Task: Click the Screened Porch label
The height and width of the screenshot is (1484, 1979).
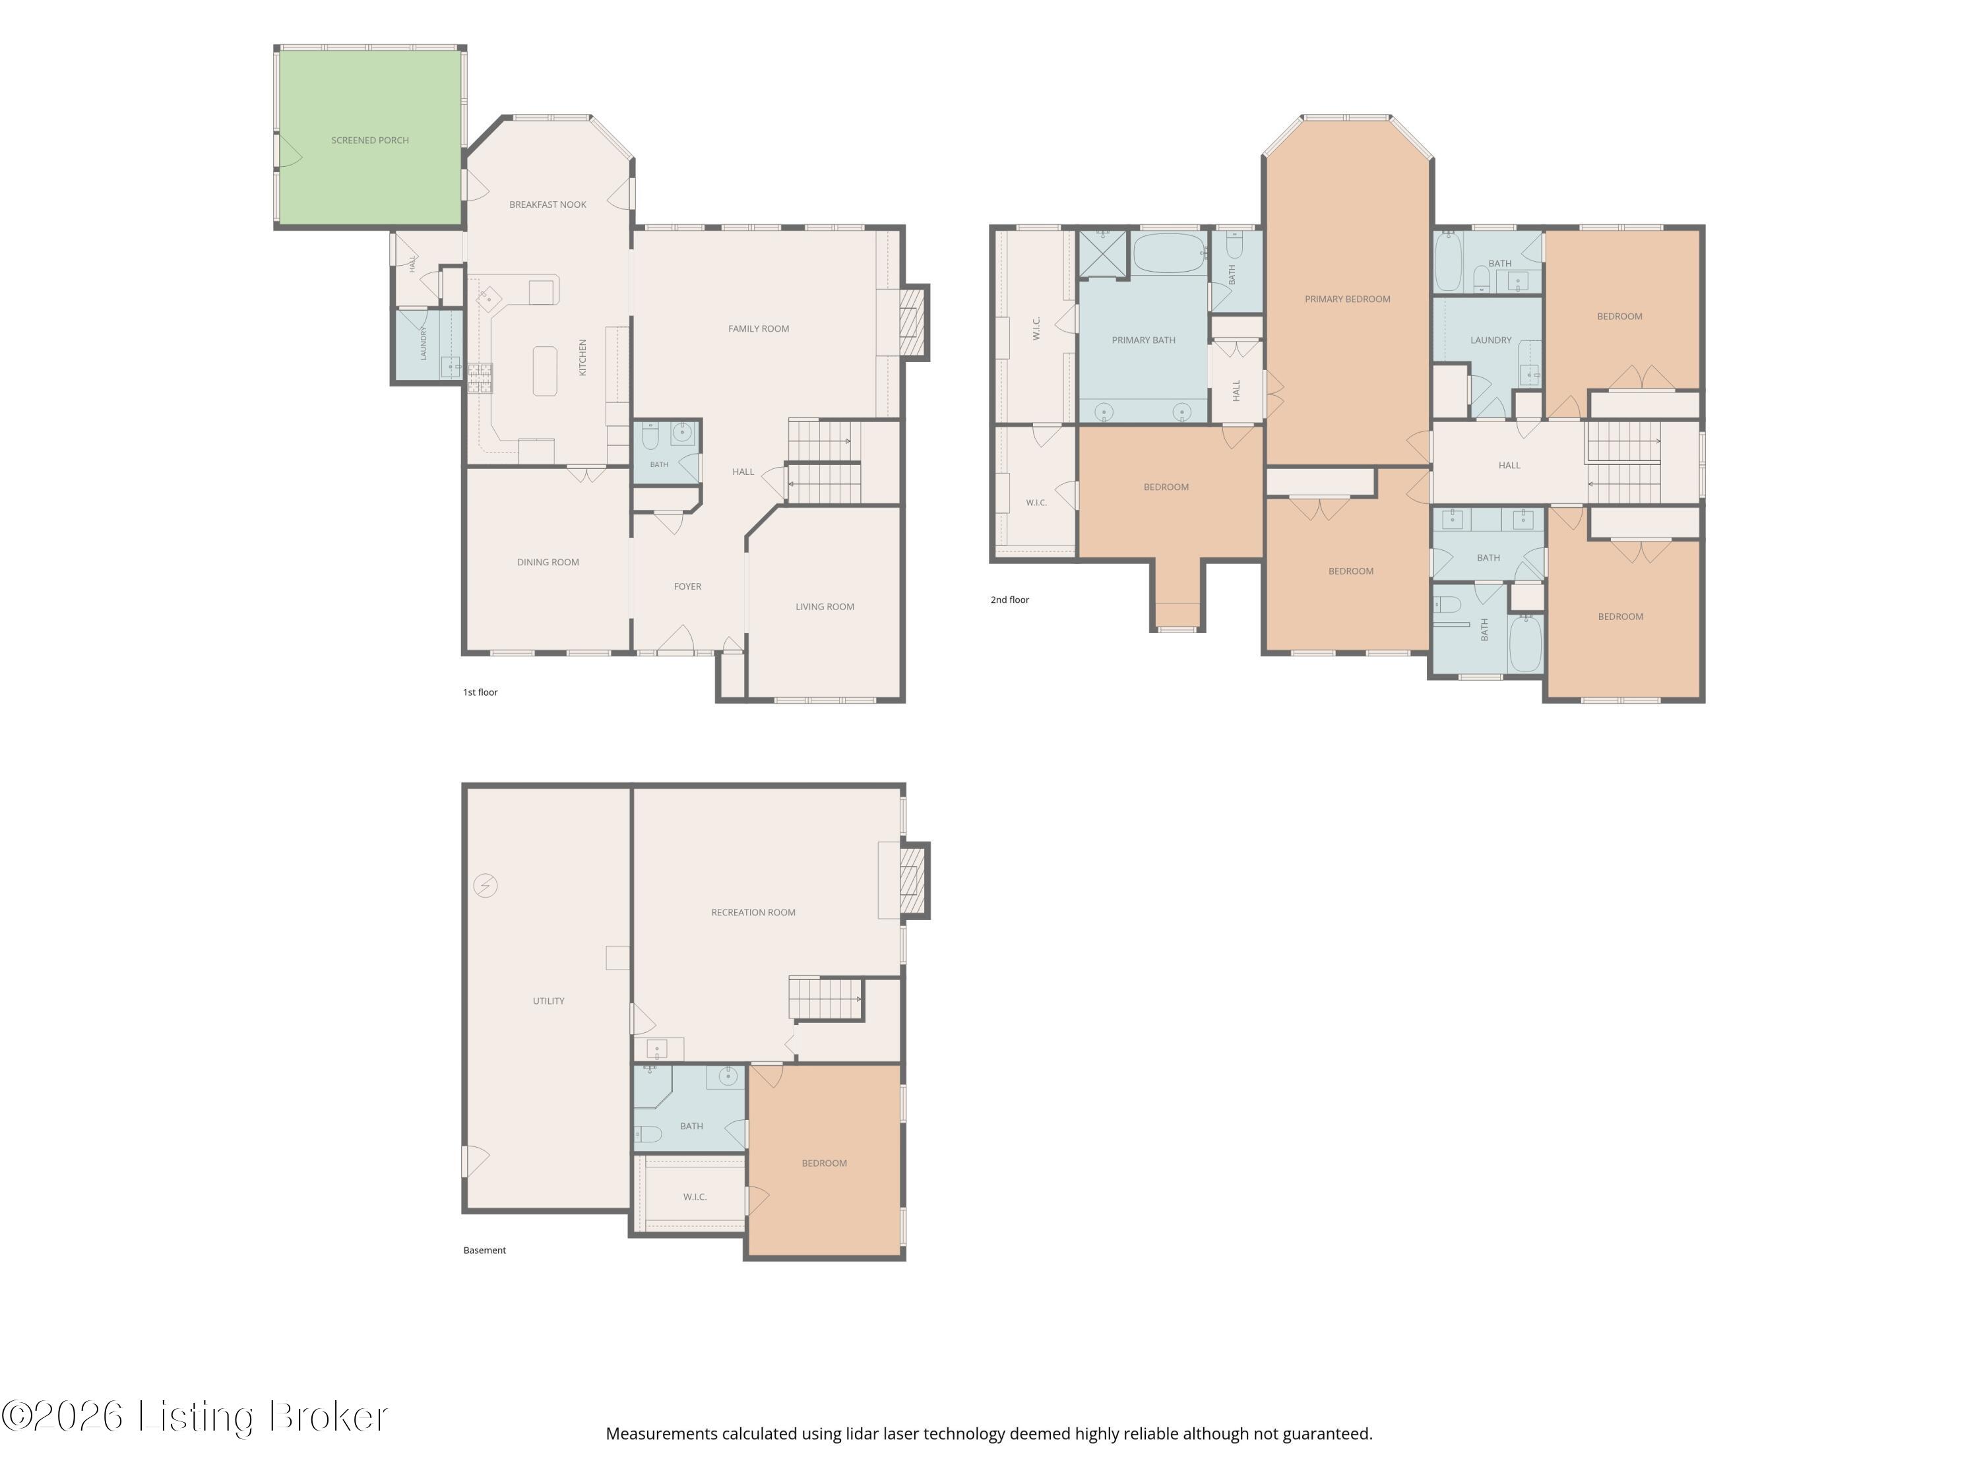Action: point(369,140)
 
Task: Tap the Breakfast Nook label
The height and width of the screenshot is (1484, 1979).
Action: point(548,205)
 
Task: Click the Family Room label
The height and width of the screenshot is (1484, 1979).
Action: point(759,329)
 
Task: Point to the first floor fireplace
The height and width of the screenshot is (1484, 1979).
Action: point(912,322)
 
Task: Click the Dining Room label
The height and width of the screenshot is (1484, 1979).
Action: point(548,563)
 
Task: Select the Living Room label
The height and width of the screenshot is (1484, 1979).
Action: point(825,607)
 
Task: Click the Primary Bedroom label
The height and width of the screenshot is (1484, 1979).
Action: point(1347,299)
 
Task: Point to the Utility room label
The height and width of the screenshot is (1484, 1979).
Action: point(548,1002)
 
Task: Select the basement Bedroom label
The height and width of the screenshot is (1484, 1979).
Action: point(824,1163)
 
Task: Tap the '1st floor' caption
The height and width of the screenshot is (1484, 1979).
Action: point(480,693)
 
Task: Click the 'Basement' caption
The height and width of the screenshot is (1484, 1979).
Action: point(485,1251)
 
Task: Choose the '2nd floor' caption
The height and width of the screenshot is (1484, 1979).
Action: point(1010,600)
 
